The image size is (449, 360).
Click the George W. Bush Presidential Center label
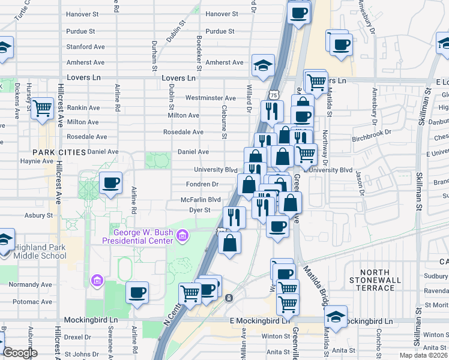142,236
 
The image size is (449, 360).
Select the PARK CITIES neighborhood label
59,152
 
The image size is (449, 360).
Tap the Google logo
20,353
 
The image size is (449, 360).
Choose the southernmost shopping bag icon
229,242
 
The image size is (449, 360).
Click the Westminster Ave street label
211,98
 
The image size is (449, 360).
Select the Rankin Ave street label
84,108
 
